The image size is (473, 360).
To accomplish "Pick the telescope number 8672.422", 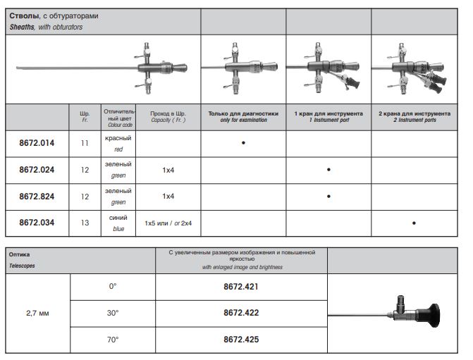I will tap(241, 313).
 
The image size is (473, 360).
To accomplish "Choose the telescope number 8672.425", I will tap(241, 340).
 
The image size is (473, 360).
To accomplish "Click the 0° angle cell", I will tap(112, 287).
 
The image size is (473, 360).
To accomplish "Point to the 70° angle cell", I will tap(112, 340).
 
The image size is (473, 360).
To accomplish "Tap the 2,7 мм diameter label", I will tap(38, 313).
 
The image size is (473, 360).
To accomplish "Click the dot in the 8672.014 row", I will tap(243, 143).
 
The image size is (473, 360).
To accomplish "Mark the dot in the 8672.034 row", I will tap(414, 223).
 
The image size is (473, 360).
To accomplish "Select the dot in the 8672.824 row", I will tap(328, 197).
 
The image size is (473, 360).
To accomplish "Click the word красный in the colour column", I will tap(118, 139).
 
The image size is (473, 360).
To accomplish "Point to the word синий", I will tap(118, 218).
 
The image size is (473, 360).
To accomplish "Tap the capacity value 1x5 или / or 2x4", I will tap(168, 223).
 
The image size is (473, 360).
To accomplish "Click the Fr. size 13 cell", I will tap(85, 223).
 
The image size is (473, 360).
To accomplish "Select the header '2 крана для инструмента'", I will tap(414, 113).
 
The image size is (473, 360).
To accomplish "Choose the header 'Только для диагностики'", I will tap(243, 113).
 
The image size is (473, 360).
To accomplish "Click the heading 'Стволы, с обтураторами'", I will tap(49, 15).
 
